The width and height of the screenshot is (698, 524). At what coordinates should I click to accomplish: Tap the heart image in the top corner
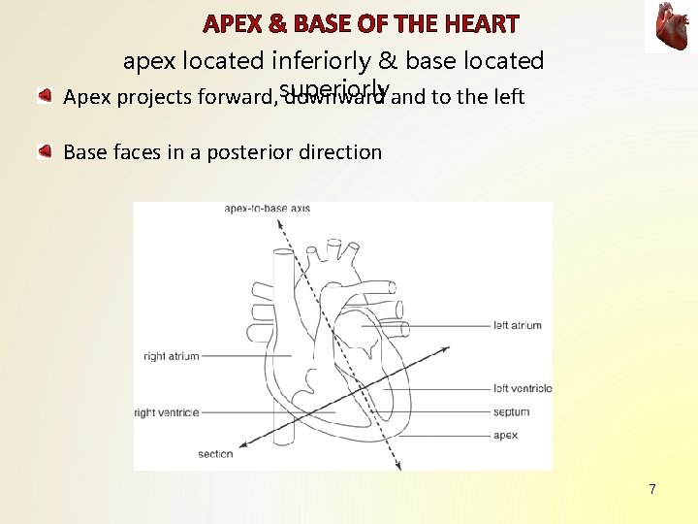click(670, 27)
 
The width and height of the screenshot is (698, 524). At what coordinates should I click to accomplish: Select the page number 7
click(652, 489)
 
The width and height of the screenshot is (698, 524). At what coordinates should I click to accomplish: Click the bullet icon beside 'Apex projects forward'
click(45, 97)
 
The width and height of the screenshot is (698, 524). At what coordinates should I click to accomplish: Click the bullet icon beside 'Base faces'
click(45, 151)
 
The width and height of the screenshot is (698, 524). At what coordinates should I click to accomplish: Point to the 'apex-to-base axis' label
click(267, 208)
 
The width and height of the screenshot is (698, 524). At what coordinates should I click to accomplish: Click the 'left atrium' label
click(517, 325)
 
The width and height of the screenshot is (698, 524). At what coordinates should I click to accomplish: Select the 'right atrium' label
click(171, 356)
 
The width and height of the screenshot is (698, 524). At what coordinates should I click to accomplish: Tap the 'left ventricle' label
click(523, 388)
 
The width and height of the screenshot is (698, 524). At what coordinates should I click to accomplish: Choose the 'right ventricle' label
click(167, 412)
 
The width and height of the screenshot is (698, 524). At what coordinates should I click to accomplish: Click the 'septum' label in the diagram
click(511, 412)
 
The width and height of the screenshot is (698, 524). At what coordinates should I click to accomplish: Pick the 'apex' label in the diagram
click(505, 436)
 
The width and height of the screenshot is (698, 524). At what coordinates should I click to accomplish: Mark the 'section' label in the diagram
click(215, 453)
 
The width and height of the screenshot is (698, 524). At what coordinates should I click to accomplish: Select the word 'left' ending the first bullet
click(507, 97)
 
